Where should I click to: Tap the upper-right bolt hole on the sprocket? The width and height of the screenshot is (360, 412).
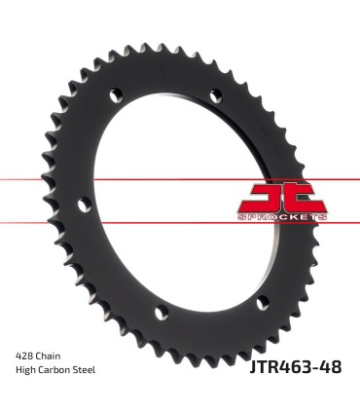pos(211,96)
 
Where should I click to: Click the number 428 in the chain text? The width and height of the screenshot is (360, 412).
pos(26,356)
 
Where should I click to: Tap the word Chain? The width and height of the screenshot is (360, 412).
pos(53,356)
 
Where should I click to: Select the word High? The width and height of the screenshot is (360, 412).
pos(26,371)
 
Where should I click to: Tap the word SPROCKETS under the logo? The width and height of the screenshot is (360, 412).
pos(273,216)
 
